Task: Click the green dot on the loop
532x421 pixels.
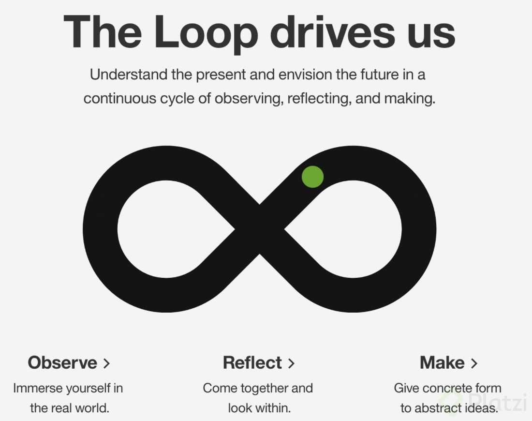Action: (312, 177)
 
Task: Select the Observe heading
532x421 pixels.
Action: (62, 362)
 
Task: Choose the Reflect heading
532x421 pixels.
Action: (252, 362)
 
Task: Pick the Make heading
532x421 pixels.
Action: (442, 362)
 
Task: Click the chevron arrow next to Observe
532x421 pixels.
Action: (106, 363)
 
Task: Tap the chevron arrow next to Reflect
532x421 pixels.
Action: (291, 363)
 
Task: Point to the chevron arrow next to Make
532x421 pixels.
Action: (474, 363)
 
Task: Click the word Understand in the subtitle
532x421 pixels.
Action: (129, 75)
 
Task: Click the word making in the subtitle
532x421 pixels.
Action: (410, 99)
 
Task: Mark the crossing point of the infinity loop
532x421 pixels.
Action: (260, 229)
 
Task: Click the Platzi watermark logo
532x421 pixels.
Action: (484, 402)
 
